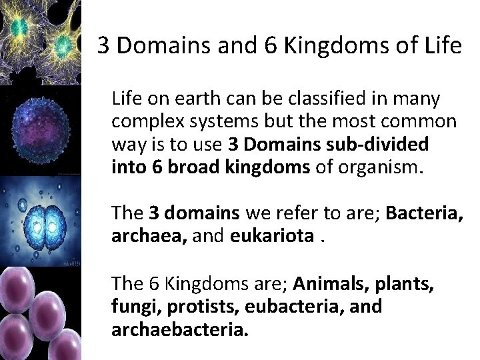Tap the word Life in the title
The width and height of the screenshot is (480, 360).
click(443, 45)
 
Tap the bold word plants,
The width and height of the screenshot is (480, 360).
click(405, 284)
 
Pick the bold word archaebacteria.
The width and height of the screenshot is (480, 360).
click(180, 330)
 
